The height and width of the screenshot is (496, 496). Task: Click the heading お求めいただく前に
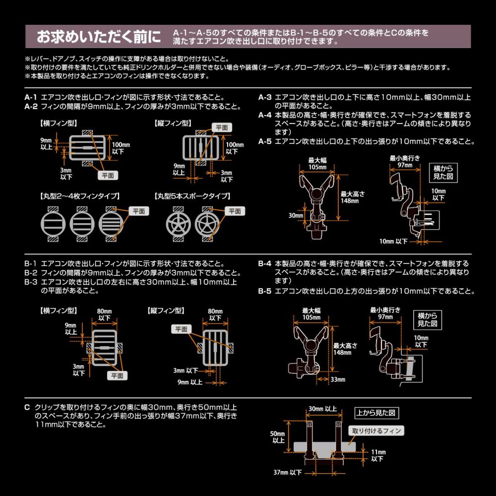click(x=99, y=37)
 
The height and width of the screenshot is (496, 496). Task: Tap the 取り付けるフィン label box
click(x=376, y=431)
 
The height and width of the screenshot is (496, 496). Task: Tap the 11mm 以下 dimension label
click(x=377, y=455)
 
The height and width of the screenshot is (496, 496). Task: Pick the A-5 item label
click(x=265, y=141)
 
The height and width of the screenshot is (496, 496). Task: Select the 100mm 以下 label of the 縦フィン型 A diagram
click(x=234, y=147)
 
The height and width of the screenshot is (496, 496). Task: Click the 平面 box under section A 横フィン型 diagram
click(x=107, y=175)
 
